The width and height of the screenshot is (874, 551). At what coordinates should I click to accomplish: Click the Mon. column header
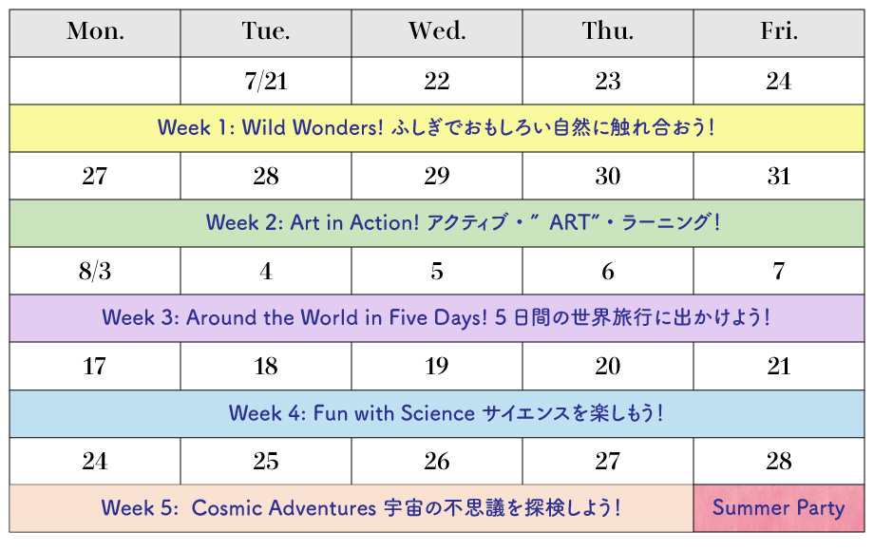pos(95,31)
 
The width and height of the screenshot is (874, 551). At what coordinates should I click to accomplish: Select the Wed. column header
pos(437,31)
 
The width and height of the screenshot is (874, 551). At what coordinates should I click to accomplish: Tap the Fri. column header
pos(779,31)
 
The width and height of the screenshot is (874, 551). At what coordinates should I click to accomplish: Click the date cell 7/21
pos(266,82)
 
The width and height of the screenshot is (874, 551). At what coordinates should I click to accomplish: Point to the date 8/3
pos(95,272)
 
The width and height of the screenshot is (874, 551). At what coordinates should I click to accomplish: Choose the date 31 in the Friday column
pos(779,177)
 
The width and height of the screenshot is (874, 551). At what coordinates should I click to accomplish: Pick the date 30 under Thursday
pos(608,177)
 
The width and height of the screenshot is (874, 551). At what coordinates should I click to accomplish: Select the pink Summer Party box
pos(779,508)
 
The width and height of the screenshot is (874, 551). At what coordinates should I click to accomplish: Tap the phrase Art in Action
pos(354,223)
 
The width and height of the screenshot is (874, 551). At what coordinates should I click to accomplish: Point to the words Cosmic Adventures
pos(284,508)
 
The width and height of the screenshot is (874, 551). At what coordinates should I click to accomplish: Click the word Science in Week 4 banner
pos(438,413)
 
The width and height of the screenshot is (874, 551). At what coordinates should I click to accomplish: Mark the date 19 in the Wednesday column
pos(437,367)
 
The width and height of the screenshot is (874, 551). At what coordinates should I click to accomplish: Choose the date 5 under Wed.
pos(437,272)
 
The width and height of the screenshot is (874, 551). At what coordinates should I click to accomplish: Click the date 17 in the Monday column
pos(95,367)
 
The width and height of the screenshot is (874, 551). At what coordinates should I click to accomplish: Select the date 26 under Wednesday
pos(437,462)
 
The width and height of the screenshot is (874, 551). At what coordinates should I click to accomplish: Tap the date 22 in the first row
pos(437,82)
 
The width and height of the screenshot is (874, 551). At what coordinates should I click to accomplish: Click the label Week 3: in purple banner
pos(141,318)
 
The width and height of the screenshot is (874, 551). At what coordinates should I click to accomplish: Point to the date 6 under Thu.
pos(608,272)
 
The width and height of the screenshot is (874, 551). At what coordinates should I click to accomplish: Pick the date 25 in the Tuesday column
pos(266,462)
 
